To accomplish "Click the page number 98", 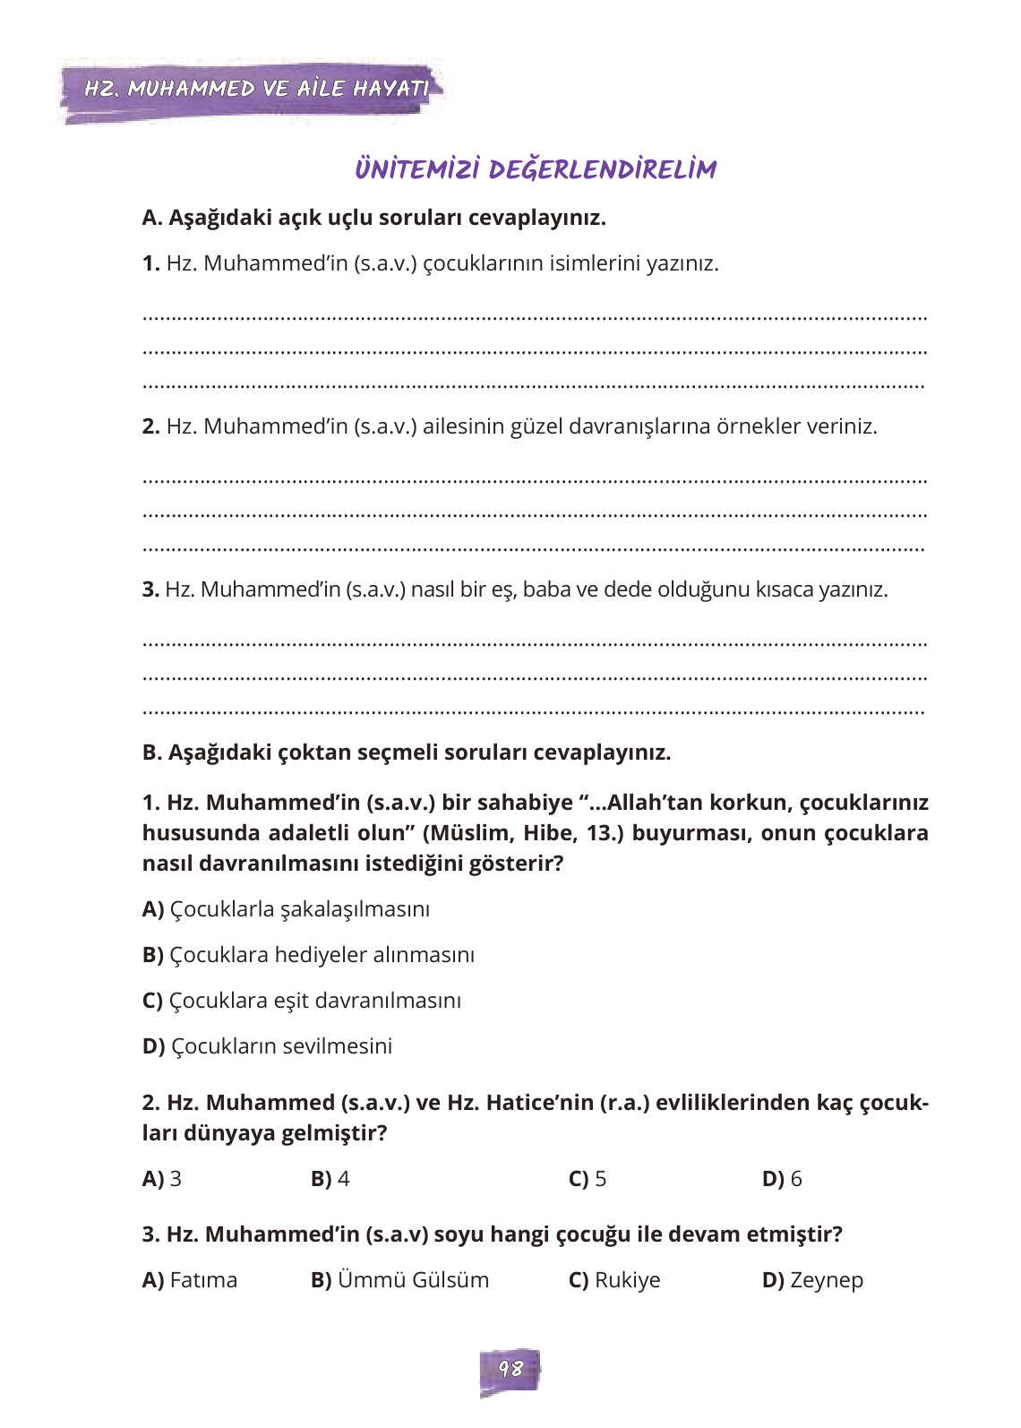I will click(510, 1369).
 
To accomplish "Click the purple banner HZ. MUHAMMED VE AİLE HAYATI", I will click(255, 89).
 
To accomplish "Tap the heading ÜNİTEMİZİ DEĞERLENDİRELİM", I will click(536, 169).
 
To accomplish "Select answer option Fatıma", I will click(190, 1280).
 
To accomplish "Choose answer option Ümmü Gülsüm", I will click(399, 1280).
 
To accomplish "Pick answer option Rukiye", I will click(614, 1280).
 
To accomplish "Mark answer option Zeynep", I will click(812, 1280).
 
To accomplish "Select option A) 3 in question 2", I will click(162, 1179).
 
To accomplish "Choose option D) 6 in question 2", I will click(782, 1179).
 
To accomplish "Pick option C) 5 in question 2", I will click(588, 1179).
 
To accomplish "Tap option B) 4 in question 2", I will click(330, 1179).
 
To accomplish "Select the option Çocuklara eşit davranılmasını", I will click(302, 1001).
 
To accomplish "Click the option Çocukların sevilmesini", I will click(267, 1046).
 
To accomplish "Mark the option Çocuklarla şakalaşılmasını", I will click(286, 909).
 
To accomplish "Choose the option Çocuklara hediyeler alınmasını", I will click(308, 955).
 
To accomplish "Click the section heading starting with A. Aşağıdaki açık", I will click(373, 218).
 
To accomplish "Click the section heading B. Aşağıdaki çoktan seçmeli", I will click(406, 753).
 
